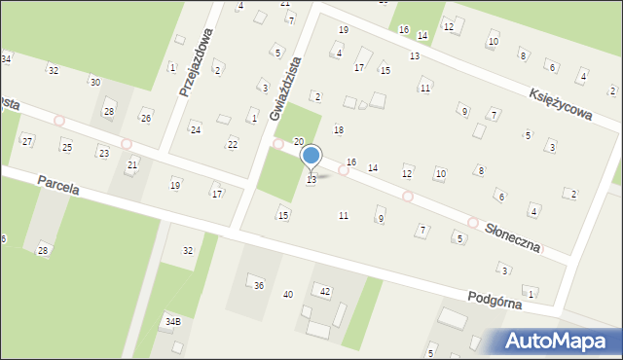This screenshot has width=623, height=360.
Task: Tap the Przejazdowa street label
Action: click(x=197, y=61)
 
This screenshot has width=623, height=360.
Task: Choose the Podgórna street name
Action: click(x=494, y=299)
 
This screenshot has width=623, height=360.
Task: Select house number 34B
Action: click(x=172, y=321)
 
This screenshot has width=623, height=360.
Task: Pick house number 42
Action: click(x=325, y=291)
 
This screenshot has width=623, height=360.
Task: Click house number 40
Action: click(x=287, y=294)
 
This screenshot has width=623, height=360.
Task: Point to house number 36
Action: click(x=258, y=285)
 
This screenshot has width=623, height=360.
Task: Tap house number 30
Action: click(x=94, y=82)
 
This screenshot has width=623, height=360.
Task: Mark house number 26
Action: click(x=146, y=118)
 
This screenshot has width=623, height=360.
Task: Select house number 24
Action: click(x=195, y=129)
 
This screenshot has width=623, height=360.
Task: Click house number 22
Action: click(x=232, y=144)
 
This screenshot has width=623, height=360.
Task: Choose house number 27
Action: click(x=27, y=141)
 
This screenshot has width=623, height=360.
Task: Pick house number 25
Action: click(x=66, y=147)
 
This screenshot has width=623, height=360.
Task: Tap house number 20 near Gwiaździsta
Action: click(x=299, y=142)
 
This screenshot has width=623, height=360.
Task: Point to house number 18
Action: click(x=339, y=129)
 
